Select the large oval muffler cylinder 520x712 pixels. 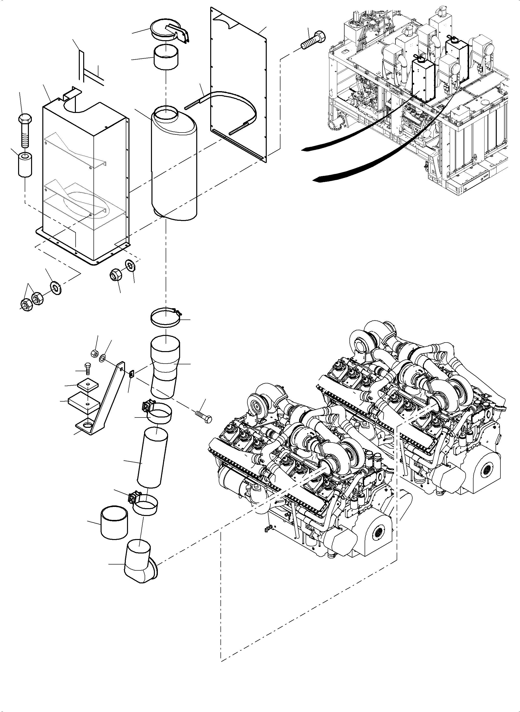point(174,164)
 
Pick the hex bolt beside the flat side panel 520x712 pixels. point(313,40)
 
